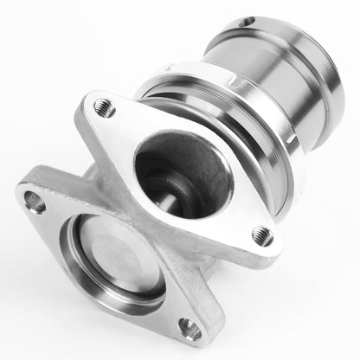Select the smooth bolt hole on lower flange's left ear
coord(35,203)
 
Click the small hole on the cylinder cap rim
coord(247,21)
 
